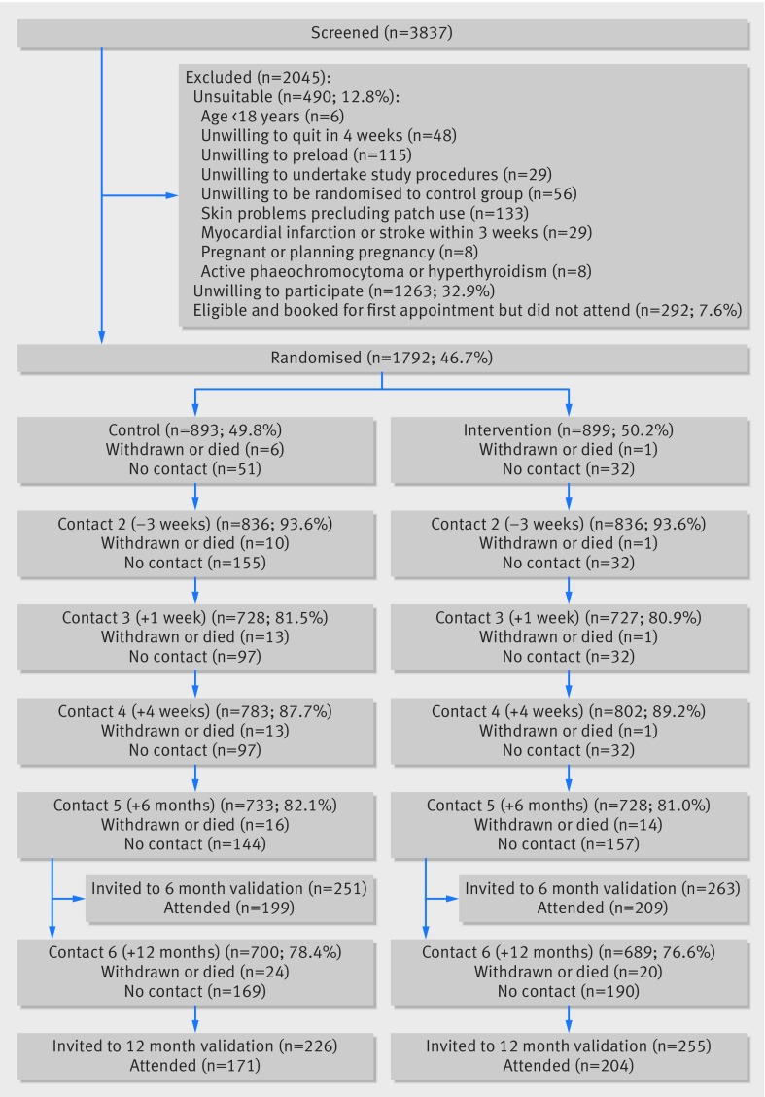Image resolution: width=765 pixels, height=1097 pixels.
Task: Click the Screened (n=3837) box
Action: click(382, 33)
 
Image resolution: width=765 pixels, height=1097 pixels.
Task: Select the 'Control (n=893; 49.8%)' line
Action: click(195, 429)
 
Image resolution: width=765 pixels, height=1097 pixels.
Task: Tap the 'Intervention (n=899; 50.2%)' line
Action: click(569, 429)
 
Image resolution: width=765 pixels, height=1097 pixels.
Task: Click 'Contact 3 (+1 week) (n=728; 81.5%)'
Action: click(195, 619)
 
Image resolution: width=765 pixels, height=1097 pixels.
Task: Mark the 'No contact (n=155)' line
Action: click(195, 563)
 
